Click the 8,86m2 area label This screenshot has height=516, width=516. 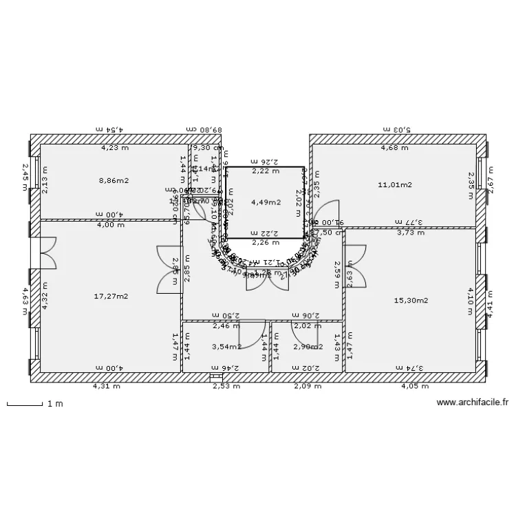pos(114,181)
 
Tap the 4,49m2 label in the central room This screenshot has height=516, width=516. pos(266,202)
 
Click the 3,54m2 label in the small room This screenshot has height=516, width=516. pos(226,347)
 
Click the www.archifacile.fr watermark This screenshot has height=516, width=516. pos(472,404)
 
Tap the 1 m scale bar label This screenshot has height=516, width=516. pos(55,404)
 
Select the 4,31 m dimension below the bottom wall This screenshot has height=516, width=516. pos(107,386)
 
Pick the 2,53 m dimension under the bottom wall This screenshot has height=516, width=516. pos(226,386)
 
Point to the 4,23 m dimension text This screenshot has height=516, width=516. pos(115,147)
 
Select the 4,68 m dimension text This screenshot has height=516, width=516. pos(394,147)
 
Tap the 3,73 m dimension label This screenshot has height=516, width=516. pos(411,232)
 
